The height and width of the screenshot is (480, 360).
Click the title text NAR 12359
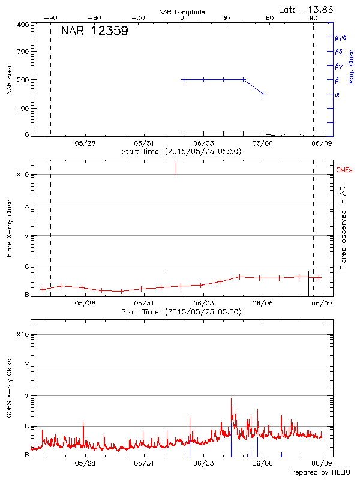coord(95,31)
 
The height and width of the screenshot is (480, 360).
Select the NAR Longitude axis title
coord(182,12)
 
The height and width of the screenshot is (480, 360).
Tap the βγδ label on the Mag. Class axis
coord(340,37)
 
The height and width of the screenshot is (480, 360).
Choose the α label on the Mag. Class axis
coord(337,94)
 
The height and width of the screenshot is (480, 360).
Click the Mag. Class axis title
coord(352,67)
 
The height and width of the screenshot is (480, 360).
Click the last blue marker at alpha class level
coord(263,94)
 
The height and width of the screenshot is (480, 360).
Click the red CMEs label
coord(344,171)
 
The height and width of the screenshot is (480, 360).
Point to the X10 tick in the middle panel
coord(23,175)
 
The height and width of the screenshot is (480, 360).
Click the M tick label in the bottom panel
coord(26,395)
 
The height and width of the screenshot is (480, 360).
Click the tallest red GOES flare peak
coord(231,398)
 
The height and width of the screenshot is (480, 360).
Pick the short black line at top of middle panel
coord(176,168)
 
